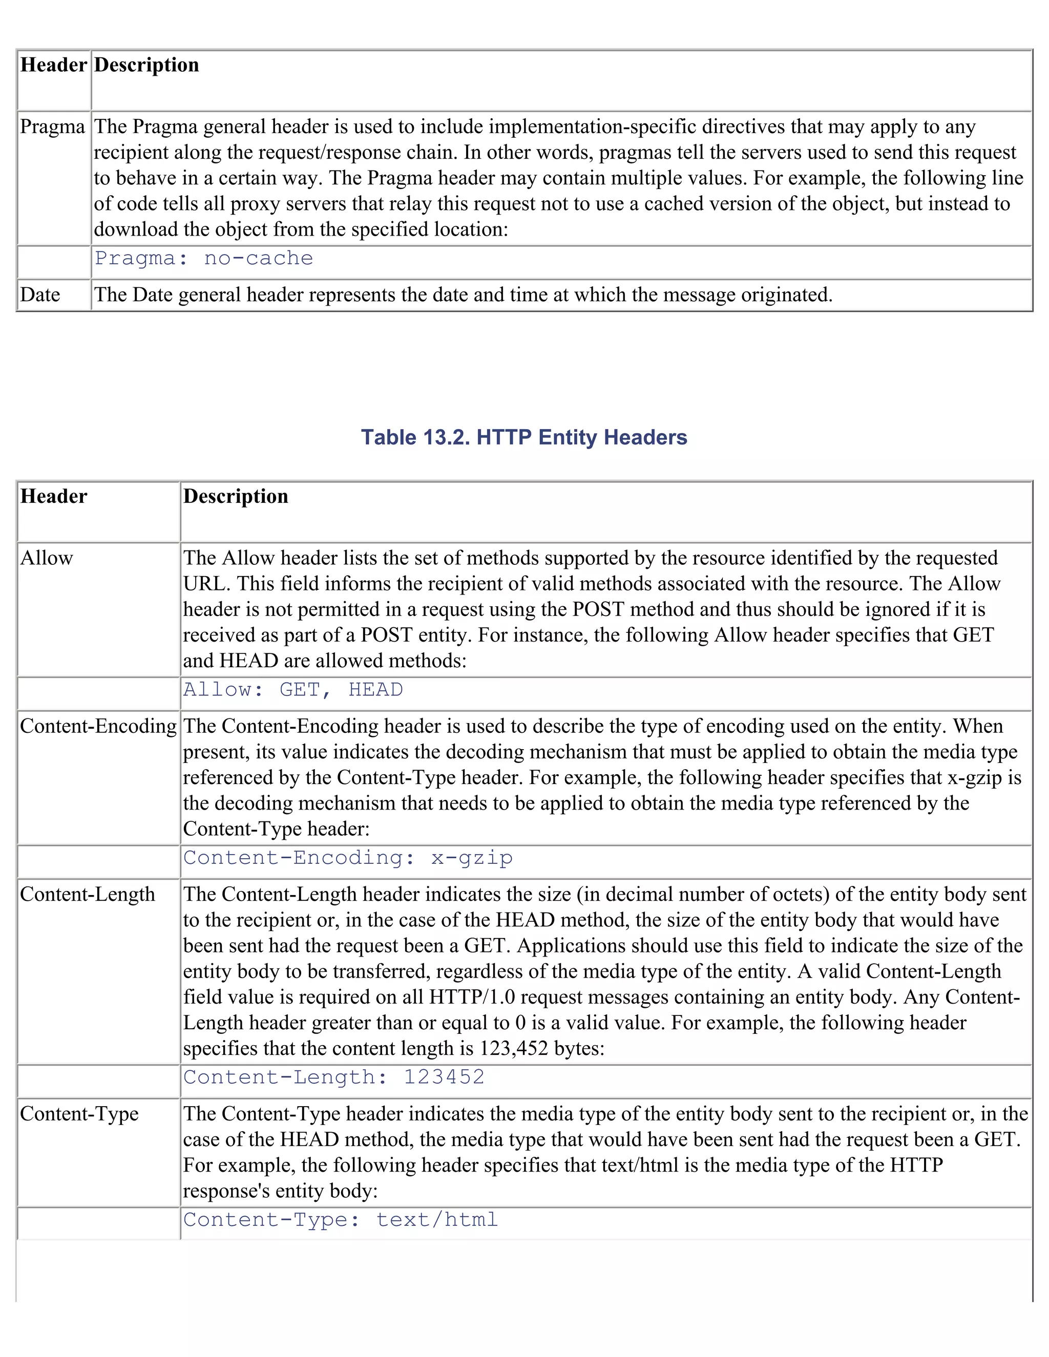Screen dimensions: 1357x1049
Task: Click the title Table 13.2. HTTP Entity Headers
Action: click(524, 437)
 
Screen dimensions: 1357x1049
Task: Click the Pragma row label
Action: click(52, 127)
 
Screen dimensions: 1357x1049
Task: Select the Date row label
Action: click(40, 294)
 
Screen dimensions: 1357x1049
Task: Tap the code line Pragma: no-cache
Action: click(204, 259)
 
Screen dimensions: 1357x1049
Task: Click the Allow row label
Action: click(47, 558)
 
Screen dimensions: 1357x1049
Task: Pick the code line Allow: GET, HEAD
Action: click(292, 690)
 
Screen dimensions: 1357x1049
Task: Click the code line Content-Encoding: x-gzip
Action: click(348, 858)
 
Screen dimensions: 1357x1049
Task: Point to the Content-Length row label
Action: click(88, 895)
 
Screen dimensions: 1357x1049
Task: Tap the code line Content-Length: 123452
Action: click(334, 1077)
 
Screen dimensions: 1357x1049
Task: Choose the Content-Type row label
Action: click(79, 1114)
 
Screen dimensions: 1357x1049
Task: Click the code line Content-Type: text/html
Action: click(341, 1220)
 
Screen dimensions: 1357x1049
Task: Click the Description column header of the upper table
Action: click(146, 65)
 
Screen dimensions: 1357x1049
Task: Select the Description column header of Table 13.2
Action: click(236, 496)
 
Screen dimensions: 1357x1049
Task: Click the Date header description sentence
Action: click(463, 294)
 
